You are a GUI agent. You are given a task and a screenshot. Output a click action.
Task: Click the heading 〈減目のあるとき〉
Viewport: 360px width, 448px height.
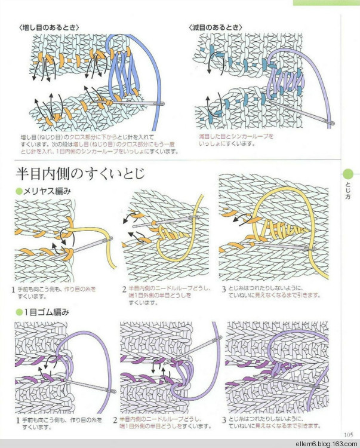(x=216, y=27)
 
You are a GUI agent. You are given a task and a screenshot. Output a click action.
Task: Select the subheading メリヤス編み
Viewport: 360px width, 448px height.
(x=47, y=191)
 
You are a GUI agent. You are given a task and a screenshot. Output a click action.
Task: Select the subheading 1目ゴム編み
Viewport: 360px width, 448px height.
(x=46, y=312)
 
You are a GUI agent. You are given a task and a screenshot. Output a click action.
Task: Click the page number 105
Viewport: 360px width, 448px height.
(x=349, y=434)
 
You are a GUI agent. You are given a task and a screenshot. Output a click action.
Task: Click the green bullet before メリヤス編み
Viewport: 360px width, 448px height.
(x=19, y=191)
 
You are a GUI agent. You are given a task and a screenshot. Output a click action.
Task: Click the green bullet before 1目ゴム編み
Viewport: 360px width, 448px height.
(x=19, y=312)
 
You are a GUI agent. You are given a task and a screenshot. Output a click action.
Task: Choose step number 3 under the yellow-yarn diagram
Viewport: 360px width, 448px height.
(x=223, y=290)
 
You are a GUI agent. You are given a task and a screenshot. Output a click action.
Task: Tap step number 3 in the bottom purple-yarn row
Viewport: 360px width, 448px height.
(x=223, y=420)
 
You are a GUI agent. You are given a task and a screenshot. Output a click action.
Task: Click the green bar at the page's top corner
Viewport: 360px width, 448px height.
(x=325, y=2)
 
